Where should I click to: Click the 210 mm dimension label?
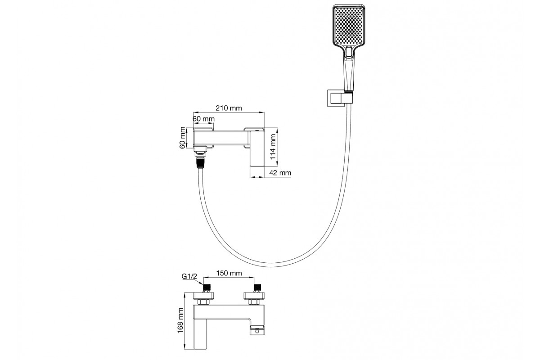229,108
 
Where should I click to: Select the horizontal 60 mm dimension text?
203,119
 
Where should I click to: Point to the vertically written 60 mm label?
183,138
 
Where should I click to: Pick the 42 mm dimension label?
280,173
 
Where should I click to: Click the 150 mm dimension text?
229,273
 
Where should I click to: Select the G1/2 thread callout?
189,276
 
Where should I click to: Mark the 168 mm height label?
180,321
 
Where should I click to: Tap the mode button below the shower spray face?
349,52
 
